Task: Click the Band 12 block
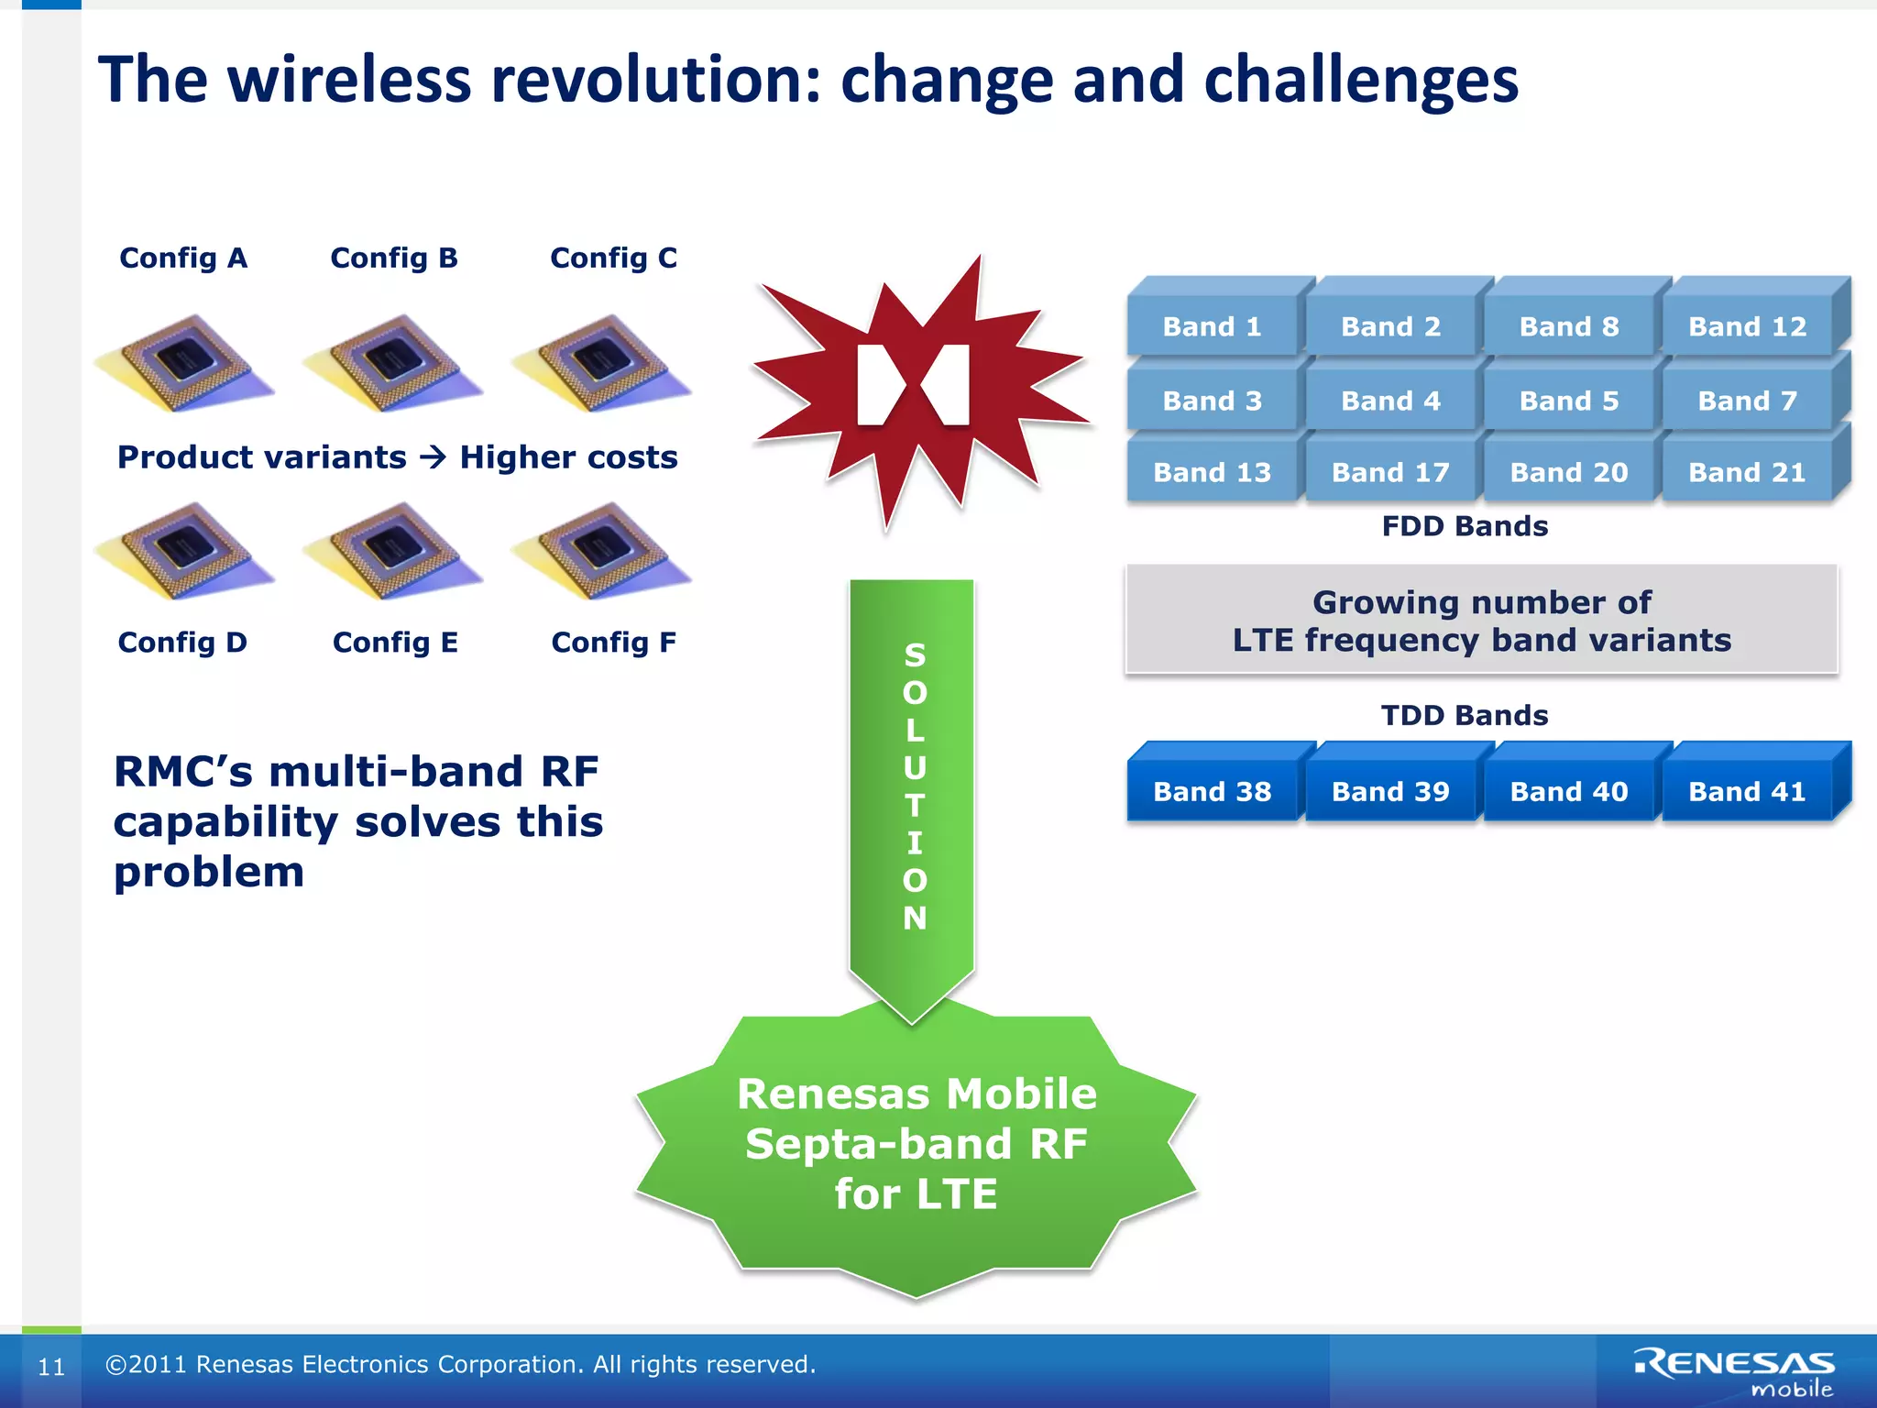click(x=1747, y=326)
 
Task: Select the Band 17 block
click(x=1390, y=472)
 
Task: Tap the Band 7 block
click(x=1747, y=401)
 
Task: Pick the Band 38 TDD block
click(x=1212, y=791)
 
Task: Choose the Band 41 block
click(x=1747, y=791)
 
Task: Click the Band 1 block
click(x=1212, y=326)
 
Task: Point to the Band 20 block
click(x=1568, y=472)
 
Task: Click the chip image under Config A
click(x=184, y=363)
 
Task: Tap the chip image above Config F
click(x=600, y=550)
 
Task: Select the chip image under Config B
click(x=392, y=363)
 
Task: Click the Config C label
click(x=613, y=258)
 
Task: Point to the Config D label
click(x=182, y=643)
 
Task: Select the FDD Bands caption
click(x=1465, y=526)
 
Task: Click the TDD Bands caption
click(x=1465, y=715)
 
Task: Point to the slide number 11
click(x=51, y=1367)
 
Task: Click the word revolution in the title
click(x=655, y=80)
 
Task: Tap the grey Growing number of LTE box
click(x=1481, y=621)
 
